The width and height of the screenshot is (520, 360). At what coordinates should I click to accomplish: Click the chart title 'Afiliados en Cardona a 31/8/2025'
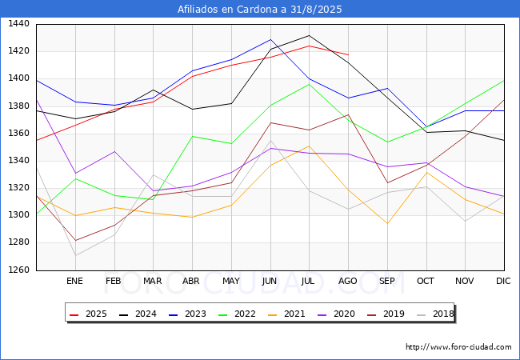[x=260, y=10]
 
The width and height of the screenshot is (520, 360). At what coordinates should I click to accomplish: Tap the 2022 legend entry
[x=238, y=314]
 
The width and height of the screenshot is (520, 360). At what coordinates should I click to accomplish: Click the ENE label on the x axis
[x=74, y=281]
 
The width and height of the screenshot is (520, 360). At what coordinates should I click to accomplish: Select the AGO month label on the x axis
[x=348, y=281]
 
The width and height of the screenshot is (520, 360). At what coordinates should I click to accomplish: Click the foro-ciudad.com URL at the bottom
[x=458, y=347]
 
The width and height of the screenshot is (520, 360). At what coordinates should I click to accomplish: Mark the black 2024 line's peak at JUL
[x=309, y=35]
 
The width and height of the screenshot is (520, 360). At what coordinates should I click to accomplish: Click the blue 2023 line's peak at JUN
[x=270, y=39]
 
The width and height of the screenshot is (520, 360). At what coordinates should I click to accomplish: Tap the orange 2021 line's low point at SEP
[x=387, y=223]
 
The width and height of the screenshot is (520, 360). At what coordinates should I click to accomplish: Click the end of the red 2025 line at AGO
[x=348, y=54]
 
